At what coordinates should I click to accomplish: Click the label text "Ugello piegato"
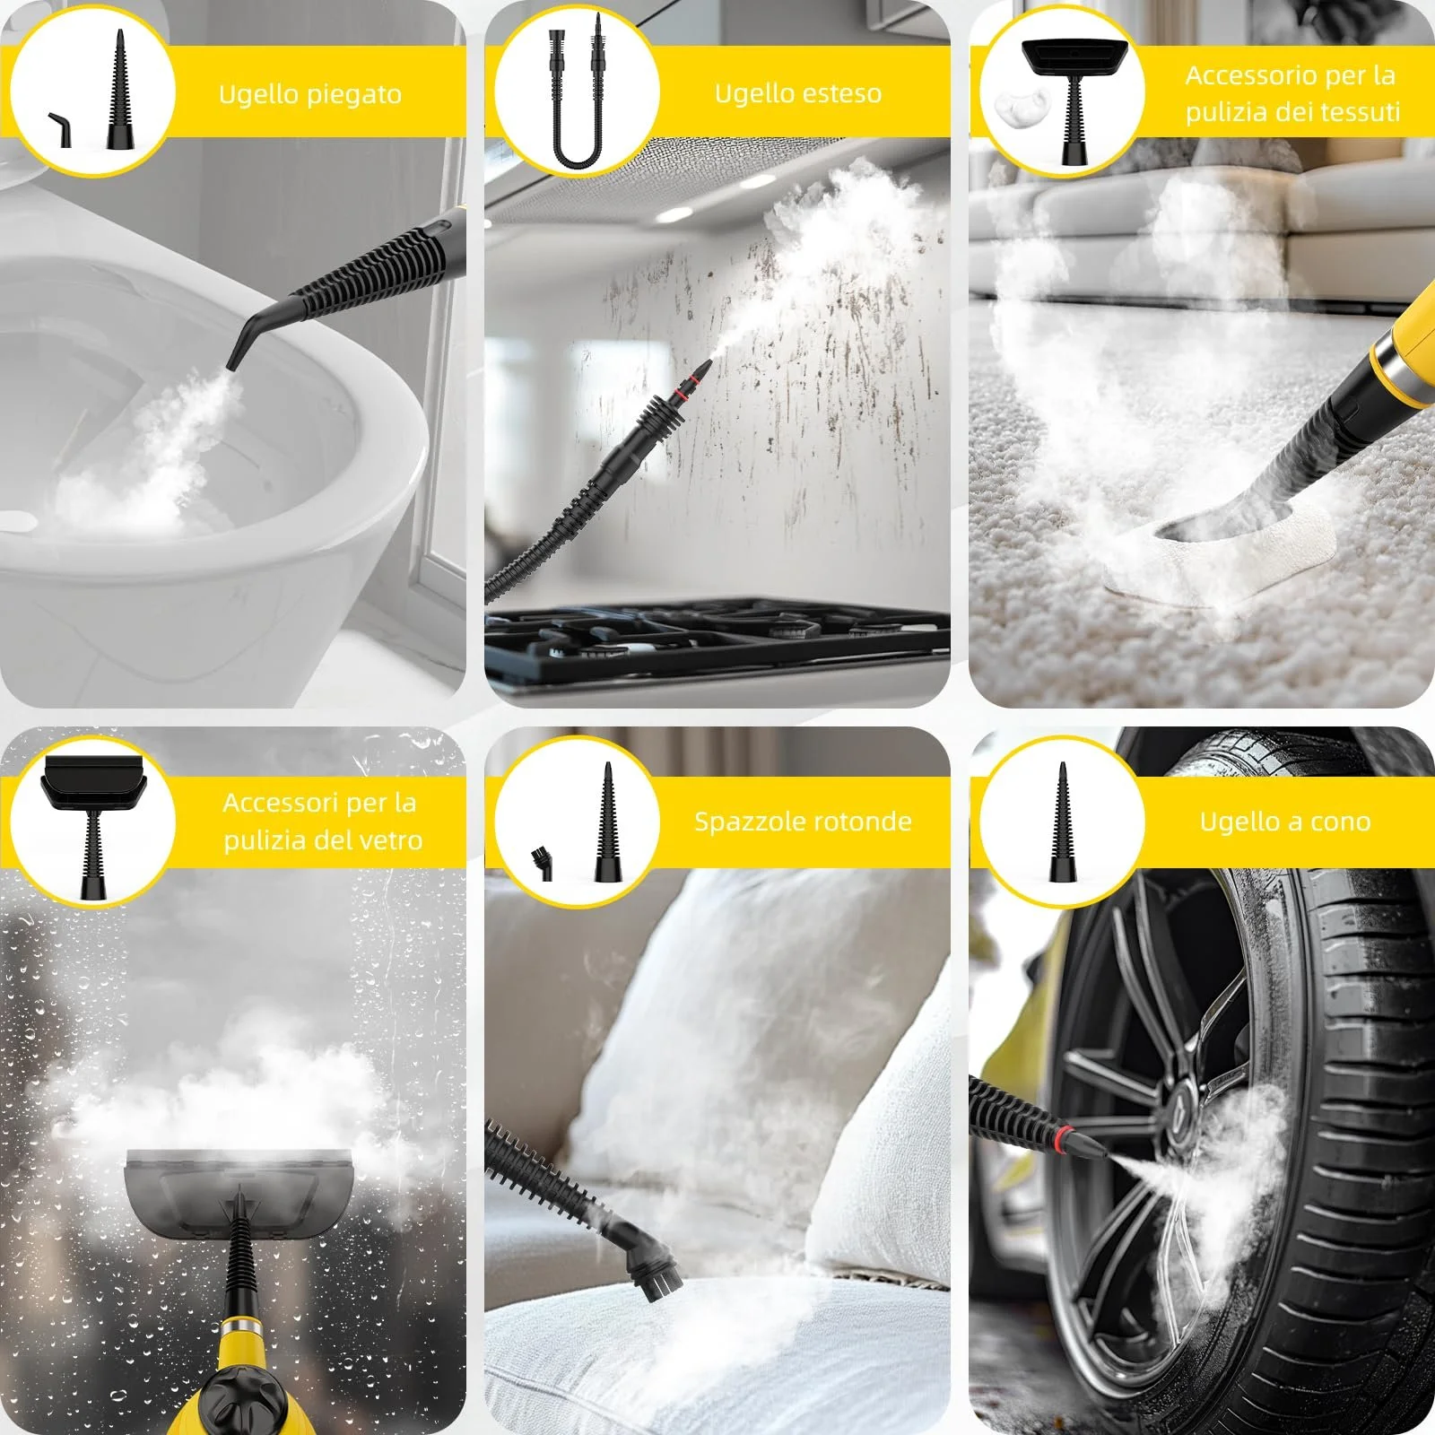pyautogui.click(x=309, y=94)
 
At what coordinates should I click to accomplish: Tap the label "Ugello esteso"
pyautogui.click(x=797, y=93)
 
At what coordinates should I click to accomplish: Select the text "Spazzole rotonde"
pyautogui.click(x=803, y=822)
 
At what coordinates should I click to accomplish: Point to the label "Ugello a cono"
pyautogui.click(x=1285, y=822)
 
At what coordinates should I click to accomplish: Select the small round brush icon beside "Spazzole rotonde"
pyautogui.click(x=541, y=862)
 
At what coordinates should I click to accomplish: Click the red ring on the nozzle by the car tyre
pyautogui.click(x=1064, y=1139)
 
